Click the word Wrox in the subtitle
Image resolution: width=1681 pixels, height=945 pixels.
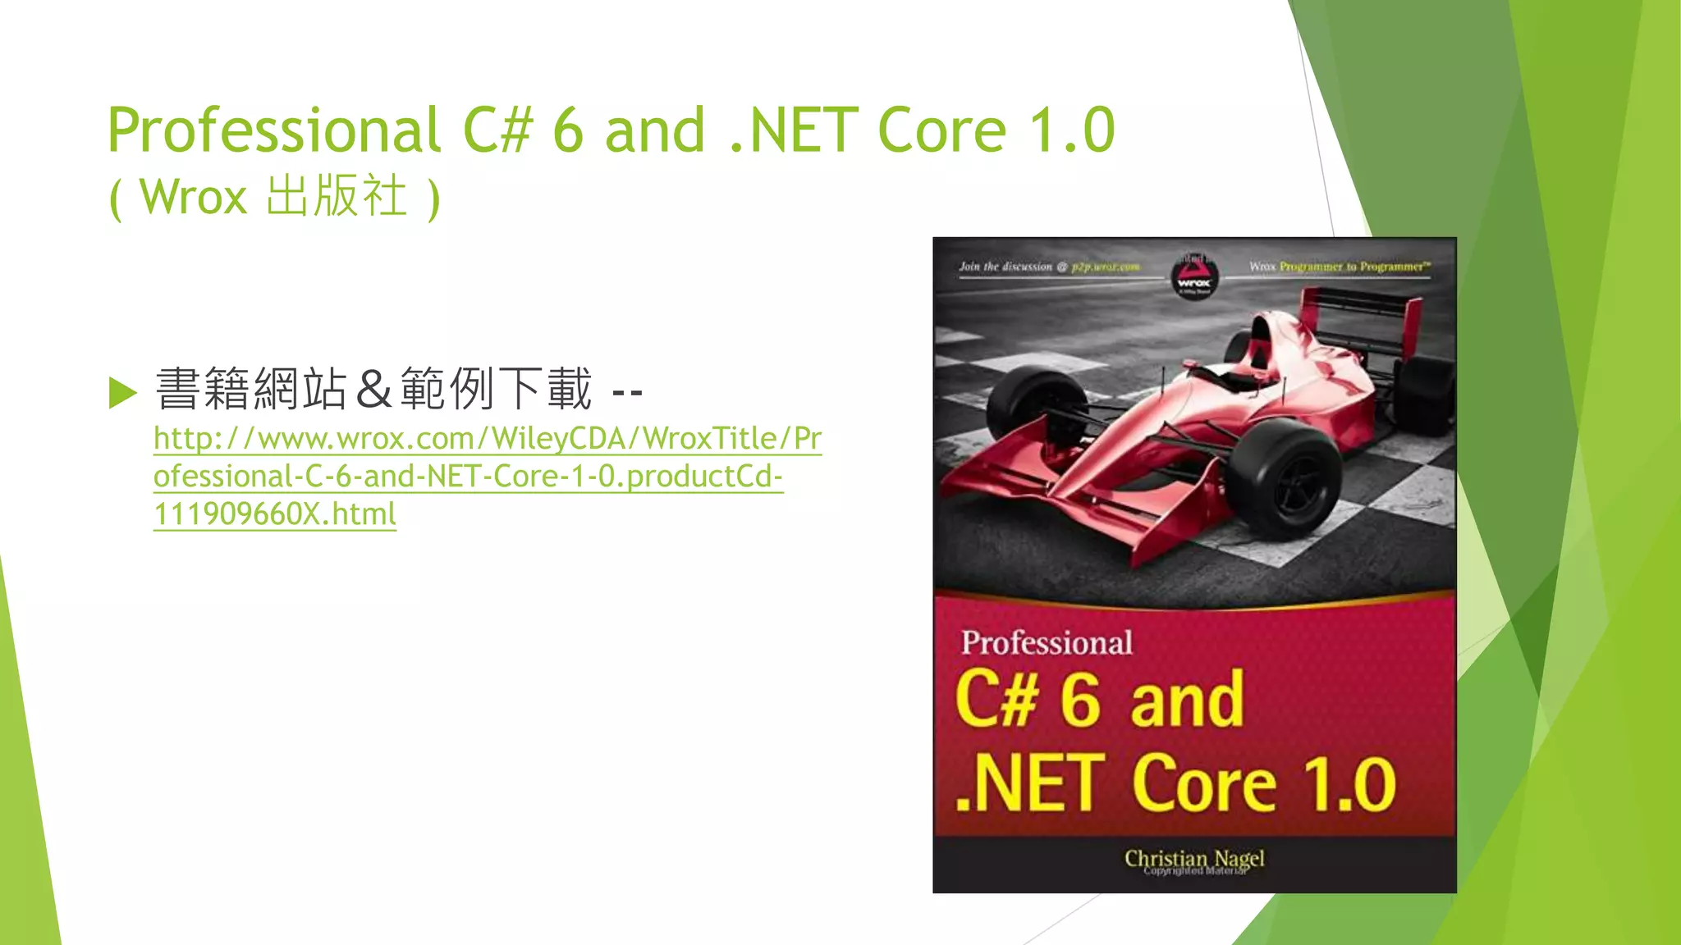(193, 197)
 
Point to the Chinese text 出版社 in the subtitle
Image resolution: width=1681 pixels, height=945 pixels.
(337, 197)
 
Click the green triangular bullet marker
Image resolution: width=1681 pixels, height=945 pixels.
(123, 392)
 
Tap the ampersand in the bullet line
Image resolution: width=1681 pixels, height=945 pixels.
(373, 390)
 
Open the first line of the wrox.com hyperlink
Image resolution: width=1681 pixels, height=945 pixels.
(488, 439)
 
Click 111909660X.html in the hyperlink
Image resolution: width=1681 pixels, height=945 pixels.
(275, 514)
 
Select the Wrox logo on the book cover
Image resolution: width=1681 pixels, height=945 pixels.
(1193, 277)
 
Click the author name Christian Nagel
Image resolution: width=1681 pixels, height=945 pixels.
(1194, 858)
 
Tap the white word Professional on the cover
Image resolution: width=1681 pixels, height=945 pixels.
(1047, 642)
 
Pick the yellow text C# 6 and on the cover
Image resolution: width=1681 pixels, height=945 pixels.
(1100, 699)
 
